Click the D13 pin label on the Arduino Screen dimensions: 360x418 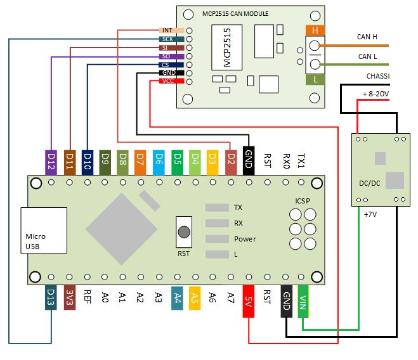51,299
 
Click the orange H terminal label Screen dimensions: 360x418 315,30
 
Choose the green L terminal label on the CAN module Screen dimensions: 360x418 315,79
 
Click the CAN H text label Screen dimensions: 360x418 368,37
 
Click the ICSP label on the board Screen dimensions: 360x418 303,201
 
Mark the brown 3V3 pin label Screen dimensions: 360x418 70,299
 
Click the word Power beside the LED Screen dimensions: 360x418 245,239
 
